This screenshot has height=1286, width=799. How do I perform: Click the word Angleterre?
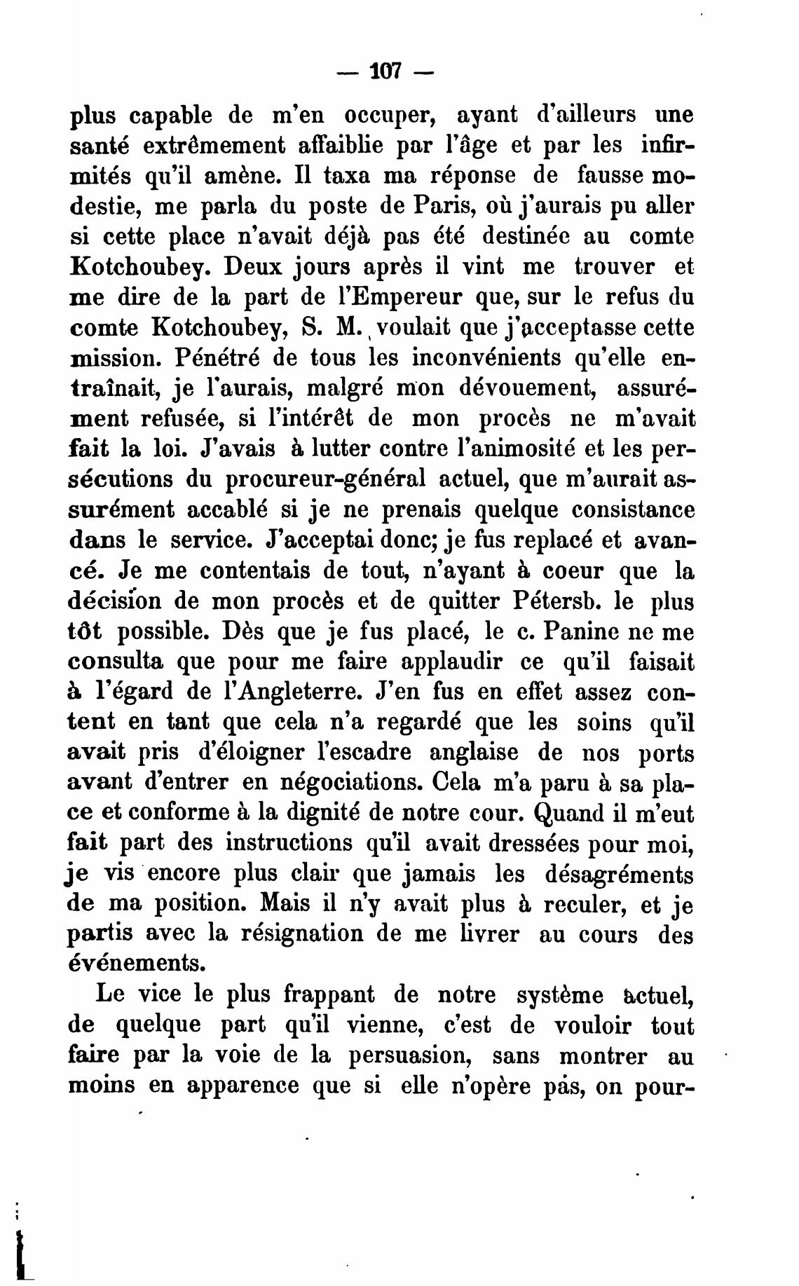[285, 692]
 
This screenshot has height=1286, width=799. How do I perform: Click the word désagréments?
[618, 875]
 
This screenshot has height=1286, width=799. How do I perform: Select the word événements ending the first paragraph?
[137, 964]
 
